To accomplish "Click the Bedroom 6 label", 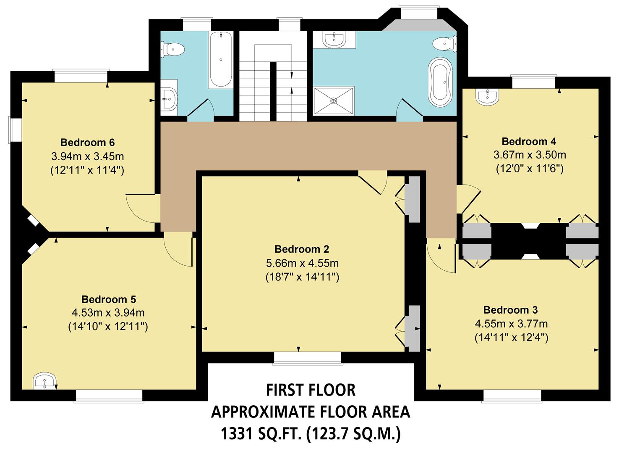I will [x=87, y=142].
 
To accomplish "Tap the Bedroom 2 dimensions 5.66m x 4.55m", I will [x=302, y=263].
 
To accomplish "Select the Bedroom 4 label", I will [x=529, y=141].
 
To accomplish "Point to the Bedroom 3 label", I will [x=510, y=310].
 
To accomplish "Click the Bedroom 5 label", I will [x=108, y=299].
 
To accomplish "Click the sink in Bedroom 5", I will [x=44, y=381].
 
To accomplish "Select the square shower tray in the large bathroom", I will [x=334, y=100].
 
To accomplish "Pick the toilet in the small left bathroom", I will [x=172, y=50].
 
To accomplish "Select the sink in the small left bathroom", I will [x=169, y=99].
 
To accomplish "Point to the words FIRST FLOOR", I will [x=311, y=390].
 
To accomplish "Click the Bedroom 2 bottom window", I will [x=307, y=357].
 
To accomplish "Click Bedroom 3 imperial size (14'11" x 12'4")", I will [x=511, y=337].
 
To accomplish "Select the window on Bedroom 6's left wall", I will [x=16, y=130].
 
